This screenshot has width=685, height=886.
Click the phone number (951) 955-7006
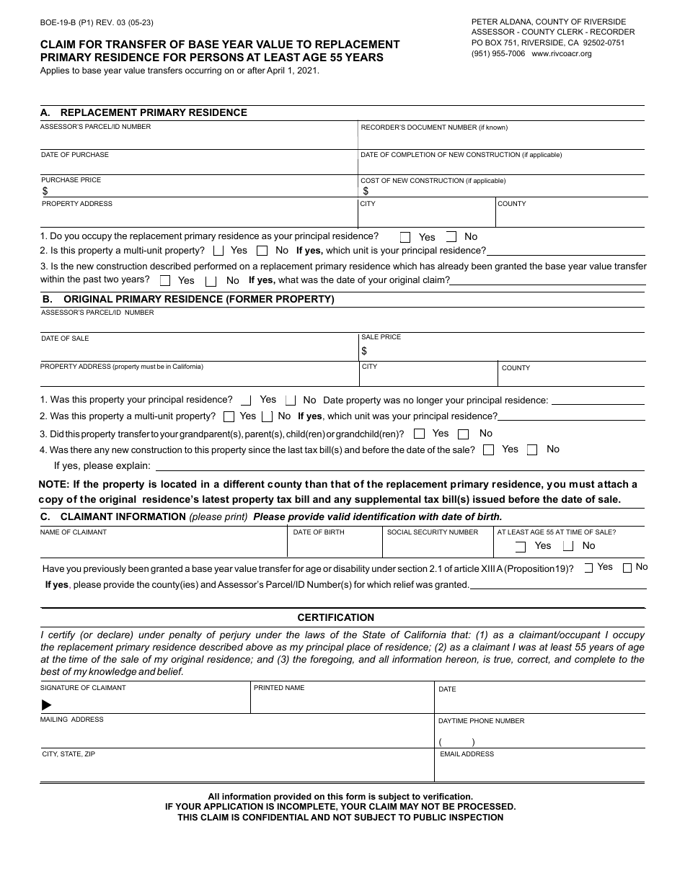498,54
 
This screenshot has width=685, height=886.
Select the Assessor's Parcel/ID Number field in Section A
198,138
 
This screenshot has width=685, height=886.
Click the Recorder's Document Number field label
434,127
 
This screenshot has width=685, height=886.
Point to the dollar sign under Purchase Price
45,192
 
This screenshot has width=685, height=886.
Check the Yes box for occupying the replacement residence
405,237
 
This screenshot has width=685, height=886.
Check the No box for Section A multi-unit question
262,251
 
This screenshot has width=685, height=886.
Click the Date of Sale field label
65,339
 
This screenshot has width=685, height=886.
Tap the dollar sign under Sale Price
364,351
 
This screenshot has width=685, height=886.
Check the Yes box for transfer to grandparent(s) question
420,434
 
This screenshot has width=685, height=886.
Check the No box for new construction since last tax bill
532,450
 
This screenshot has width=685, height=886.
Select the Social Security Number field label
432,532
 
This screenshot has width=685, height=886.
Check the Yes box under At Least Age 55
521,547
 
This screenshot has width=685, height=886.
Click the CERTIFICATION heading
336,617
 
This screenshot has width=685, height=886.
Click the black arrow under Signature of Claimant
47,704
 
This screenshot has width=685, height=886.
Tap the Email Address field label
467,754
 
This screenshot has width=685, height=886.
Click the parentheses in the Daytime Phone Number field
456,742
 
